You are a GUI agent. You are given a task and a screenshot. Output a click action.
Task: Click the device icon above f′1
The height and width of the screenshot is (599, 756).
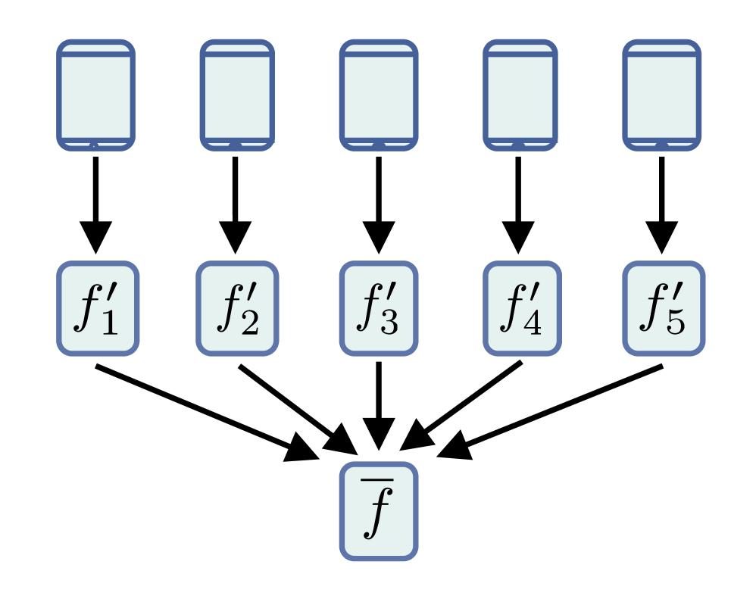click(x=96, y=95)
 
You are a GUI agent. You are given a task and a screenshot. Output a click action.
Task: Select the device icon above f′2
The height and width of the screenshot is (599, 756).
click(x=237, y=95)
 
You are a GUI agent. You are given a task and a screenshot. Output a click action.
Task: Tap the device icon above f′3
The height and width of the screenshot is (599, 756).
click(x=378, y=95)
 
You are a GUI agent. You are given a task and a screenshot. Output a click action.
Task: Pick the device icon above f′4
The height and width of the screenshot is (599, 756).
click(x=520, y=95)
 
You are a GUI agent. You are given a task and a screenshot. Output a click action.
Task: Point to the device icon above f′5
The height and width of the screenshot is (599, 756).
click(x=661, y=95)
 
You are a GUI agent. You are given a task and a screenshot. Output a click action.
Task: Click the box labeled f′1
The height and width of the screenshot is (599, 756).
click(x=98, y=308)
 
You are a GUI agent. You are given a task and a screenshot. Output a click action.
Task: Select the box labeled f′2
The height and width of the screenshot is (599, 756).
click(x=237, y=308)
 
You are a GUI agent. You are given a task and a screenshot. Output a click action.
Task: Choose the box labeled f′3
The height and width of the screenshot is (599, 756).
click(x=378, y=308)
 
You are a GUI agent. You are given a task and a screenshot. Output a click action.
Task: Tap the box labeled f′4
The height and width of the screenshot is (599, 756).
click(x=522, y=308)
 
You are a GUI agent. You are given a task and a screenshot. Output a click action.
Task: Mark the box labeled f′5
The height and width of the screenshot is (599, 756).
click(x=664, y=308)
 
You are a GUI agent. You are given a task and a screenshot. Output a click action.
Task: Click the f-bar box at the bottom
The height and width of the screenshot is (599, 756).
click(x=378, y=511)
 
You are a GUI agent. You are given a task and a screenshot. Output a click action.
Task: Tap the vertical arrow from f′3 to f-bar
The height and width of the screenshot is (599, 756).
click(x=378, y=405)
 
